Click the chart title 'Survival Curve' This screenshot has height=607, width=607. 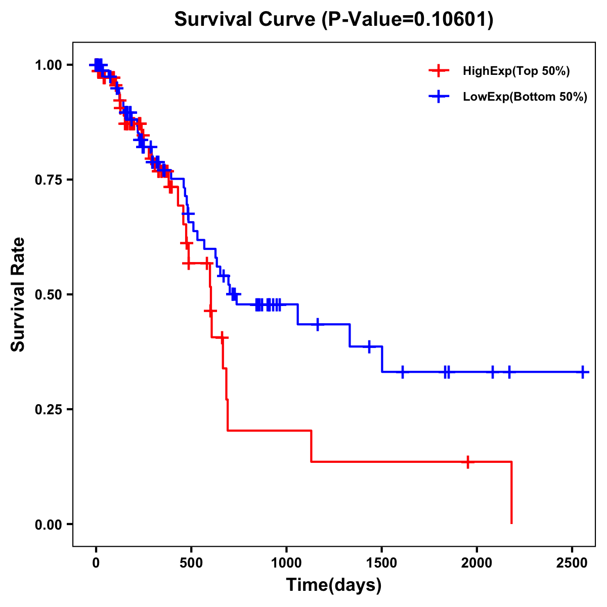[246, 20]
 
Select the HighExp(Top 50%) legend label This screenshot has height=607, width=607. [516, 71]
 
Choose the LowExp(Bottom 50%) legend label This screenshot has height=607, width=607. [525, 97]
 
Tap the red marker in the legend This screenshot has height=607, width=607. [439, 71]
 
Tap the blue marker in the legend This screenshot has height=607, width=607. [439, 97]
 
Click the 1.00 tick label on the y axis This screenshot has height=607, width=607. [48, 65]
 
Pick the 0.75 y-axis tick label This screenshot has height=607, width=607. [48, 180]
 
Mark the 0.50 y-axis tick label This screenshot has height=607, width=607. [48, 295]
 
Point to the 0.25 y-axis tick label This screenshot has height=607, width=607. [48, 410]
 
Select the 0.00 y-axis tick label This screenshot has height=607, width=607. [48, 525]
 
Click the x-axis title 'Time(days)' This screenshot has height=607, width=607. [334, 585]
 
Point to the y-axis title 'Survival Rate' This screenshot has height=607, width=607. [18, 294]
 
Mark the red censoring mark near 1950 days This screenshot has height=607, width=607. [468, 462]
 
